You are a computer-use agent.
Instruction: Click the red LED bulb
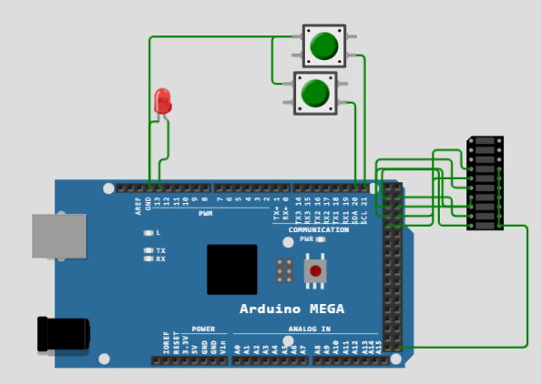click(163, 99)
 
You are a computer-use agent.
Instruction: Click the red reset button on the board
click(316, 271)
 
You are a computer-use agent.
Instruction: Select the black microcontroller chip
click(232, 268)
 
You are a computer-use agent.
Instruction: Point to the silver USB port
click(59, 236)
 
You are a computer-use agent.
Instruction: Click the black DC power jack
click(62, 334)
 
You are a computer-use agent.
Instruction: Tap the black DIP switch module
click(485, 183)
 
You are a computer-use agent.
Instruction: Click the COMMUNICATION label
click(318, 229)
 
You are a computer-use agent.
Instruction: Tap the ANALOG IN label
click(309, 328)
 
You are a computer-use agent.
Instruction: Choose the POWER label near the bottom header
click(203, 328)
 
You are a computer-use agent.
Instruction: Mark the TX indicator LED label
click(160, 250)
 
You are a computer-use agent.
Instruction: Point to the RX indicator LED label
click(160, 259)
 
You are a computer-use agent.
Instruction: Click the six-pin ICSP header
click(285, 270)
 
